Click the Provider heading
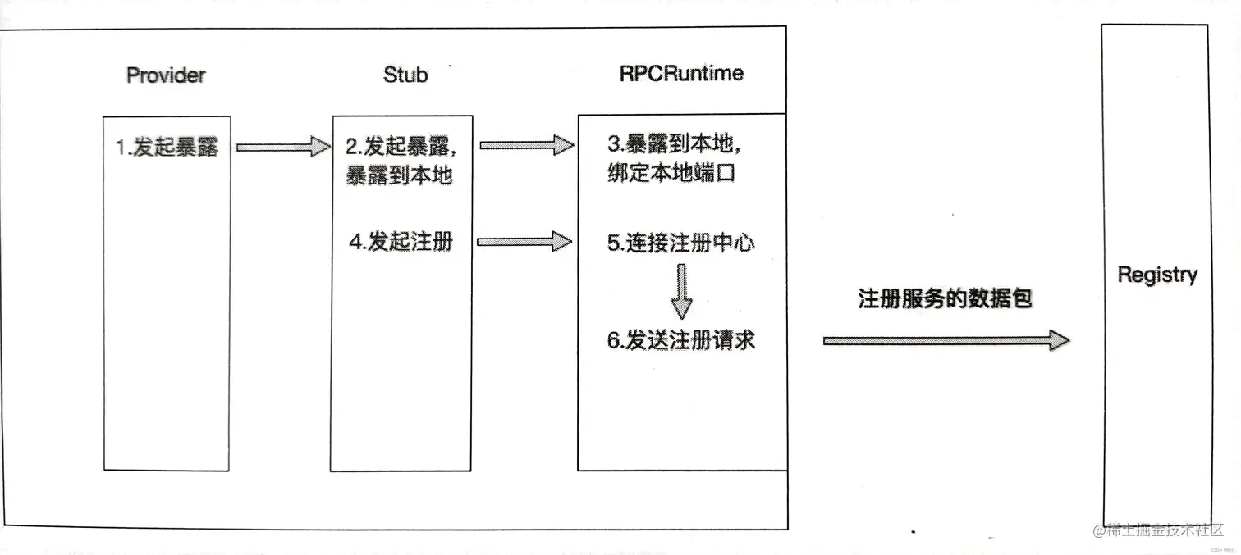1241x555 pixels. point(166,75)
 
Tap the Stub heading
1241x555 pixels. point(405,75)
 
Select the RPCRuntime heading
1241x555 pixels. point(681,73)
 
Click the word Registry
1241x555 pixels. point(1156,275)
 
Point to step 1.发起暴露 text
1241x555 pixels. point(167,148)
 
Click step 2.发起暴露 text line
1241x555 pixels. point(401,147)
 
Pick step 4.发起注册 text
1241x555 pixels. point(401,242)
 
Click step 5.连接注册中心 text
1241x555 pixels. point(680,243)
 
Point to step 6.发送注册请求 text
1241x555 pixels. point(680,340)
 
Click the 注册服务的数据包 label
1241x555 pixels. point(944,298)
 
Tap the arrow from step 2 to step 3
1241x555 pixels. point(525,146)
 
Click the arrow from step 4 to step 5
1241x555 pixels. point(524,242)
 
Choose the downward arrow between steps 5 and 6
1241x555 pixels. point(681,292)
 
